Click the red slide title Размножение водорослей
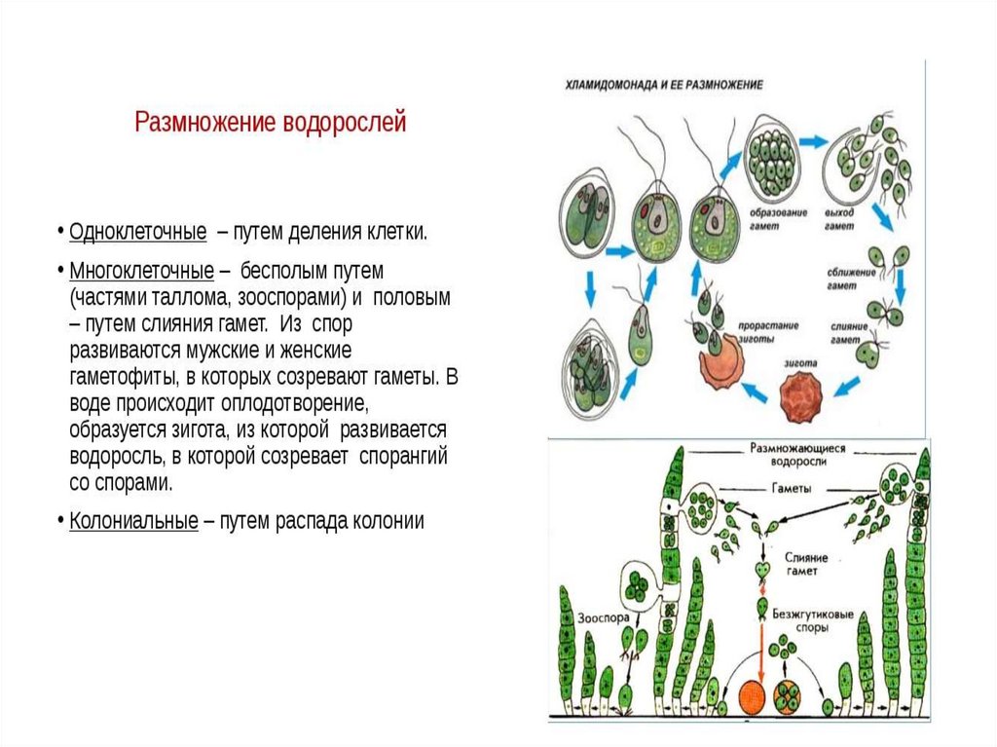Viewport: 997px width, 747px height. click(x=270, y=124)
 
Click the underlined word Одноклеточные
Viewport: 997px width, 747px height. click(x=138, y=233)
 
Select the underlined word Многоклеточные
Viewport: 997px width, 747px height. click(x=142, y=270)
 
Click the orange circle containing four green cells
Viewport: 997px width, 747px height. click(x=788, y=697)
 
